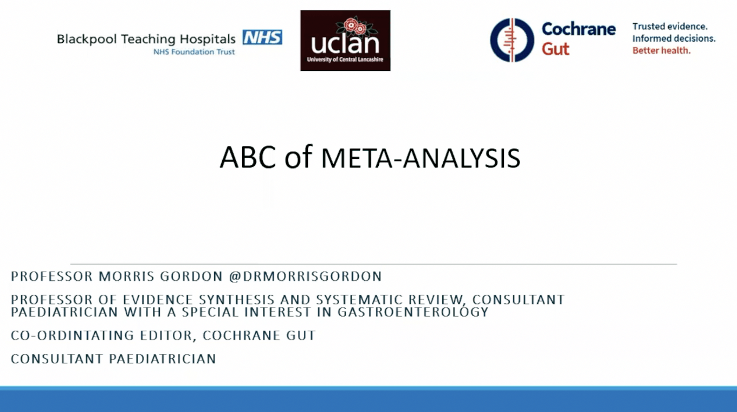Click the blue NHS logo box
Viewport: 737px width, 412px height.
[262, 37]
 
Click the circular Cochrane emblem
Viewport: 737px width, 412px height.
[512, 40]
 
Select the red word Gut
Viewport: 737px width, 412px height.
[555, 49]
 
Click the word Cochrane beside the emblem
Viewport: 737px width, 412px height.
[578, 29]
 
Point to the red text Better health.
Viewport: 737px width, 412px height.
[661, 50]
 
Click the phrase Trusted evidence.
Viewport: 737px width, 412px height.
[670, 27]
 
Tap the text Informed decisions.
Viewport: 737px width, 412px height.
[674, 38]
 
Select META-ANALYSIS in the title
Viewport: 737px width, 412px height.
[421, 158]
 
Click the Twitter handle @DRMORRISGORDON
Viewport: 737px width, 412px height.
[305, 276]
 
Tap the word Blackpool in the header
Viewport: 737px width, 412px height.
[87, 39]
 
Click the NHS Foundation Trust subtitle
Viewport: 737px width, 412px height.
[194, 52]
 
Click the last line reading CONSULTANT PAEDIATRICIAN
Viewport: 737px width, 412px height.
[113, 359]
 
